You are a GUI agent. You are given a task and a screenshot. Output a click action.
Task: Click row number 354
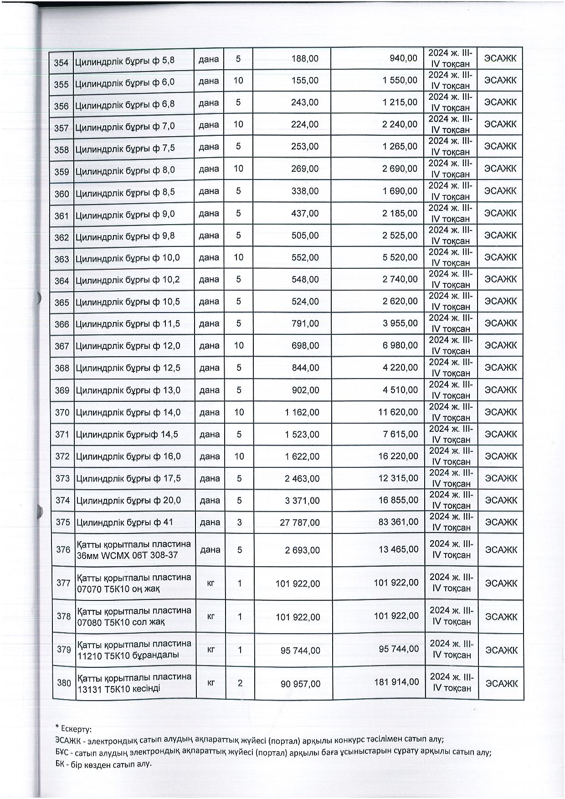pyautogui.click(x=61, y=62)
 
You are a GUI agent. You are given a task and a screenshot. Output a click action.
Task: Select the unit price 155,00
pyautogui.click(x=306, y=81)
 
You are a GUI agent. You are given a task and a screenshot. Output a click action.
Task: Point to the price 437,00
pyautogui.click(x=306, y=214)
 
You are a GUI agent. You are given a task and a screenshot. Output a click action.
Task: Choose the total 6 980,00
pyautogui.click(x=401, y=346)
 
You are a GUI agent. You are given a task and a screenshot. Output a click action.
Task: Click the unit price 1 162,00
pyautogui.click(x=302, y=412)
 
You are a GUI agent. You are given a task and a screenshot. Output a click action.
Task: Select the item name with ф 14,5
pyautogui.click(x=127, y=435)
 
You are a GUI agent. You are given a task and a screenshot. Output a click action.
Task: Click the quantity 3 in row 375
pyautogui.click(x=240, y=522)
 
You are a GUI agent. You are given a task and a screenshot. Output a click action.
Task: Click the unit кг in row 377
pyautogui.click(x=211, y=583)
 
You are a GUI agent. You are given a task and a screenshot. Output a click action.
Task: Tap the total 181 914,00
pyautogui.click(x=396, y=682)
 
